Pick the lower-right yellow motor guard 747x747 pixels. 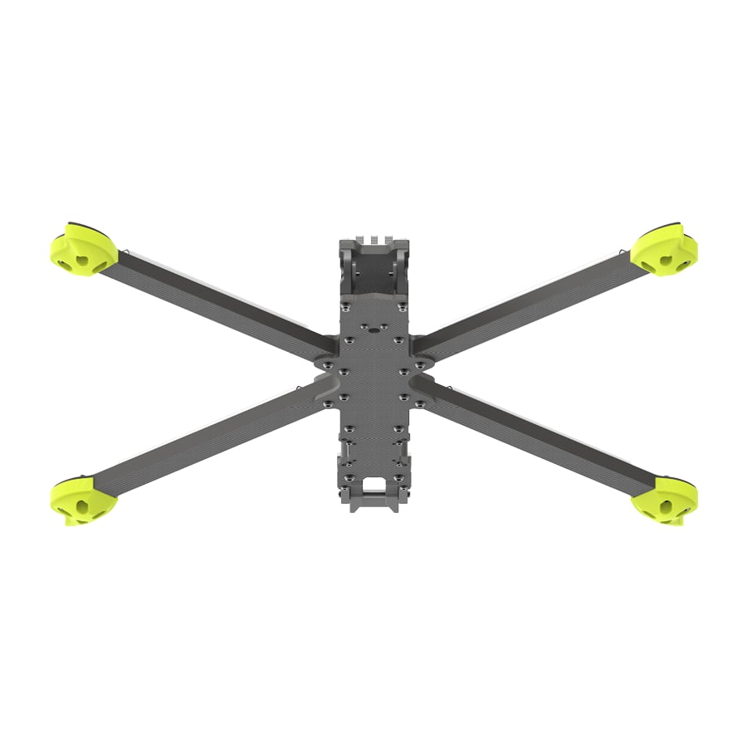tap(664, 501)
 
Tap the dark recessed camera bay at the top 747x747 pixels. tap(374, 279)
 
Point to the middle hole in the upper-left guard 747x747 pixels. tap(81, 259)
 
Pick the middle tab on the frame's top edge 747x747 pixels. tap(374, 242)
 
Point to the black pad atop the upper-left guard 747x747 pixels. tap(79, 226)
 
